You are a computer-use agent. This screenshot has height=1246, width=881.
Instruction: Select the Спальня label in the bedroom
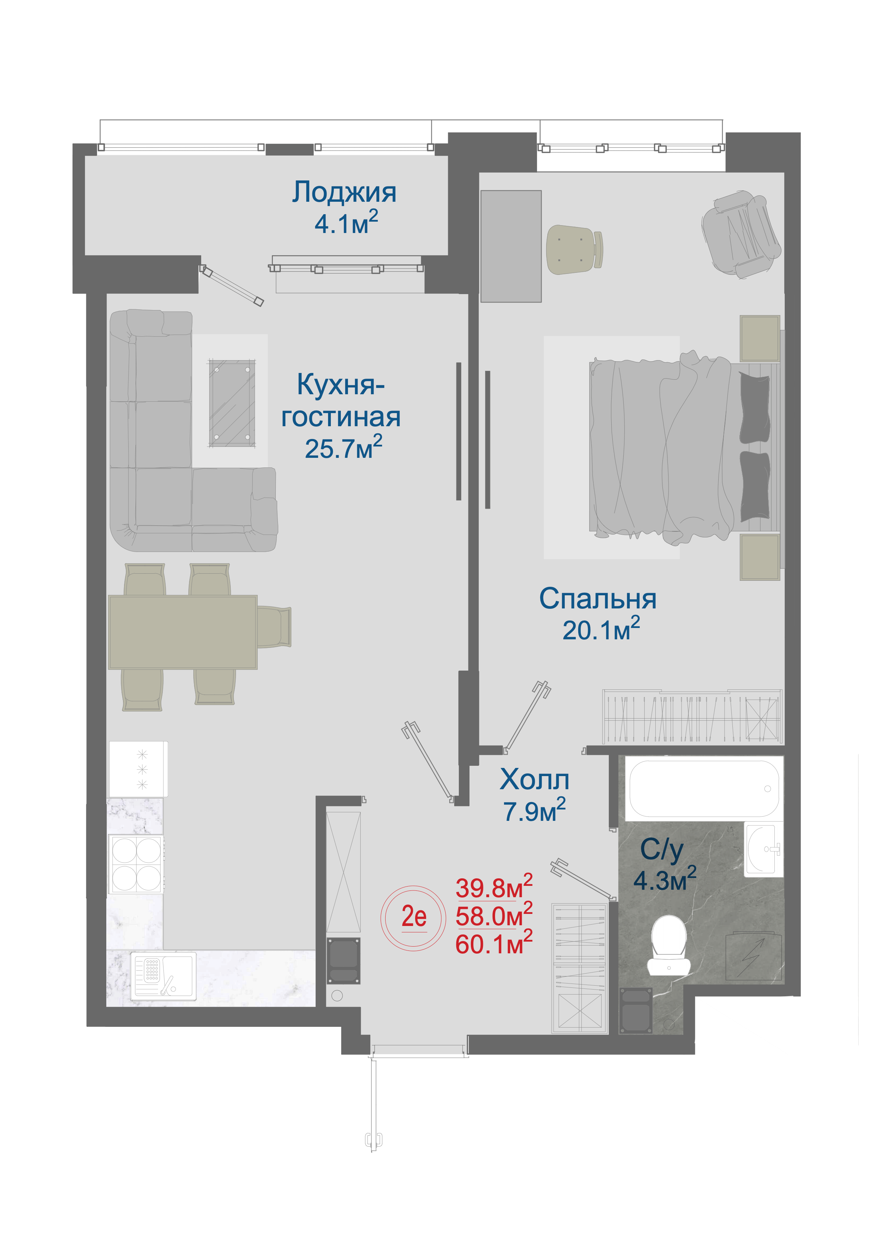(x=598, y=599)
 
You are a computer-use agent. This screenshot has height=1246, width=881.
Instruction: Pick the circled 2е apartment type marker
(x=414, y=917)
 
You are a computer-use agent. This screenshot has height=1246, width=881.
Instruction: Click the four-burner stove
(x=136, y=863)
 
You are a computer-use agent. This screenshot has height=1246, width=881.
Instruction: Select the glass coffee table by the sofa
(x=232, y=403)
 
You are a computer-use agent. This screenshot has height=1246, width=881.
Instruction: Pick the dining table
(x=183, y=632)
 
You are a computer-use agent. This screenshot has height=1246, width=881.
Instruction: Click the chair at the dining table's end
(x=274, y=627)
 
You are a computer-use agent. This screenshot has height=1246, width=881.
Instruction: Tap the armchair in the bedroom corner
(x=741, y=234)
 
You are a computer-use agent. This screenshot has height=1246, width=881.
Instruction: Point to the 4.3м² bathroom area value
(x=665, y=880)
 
